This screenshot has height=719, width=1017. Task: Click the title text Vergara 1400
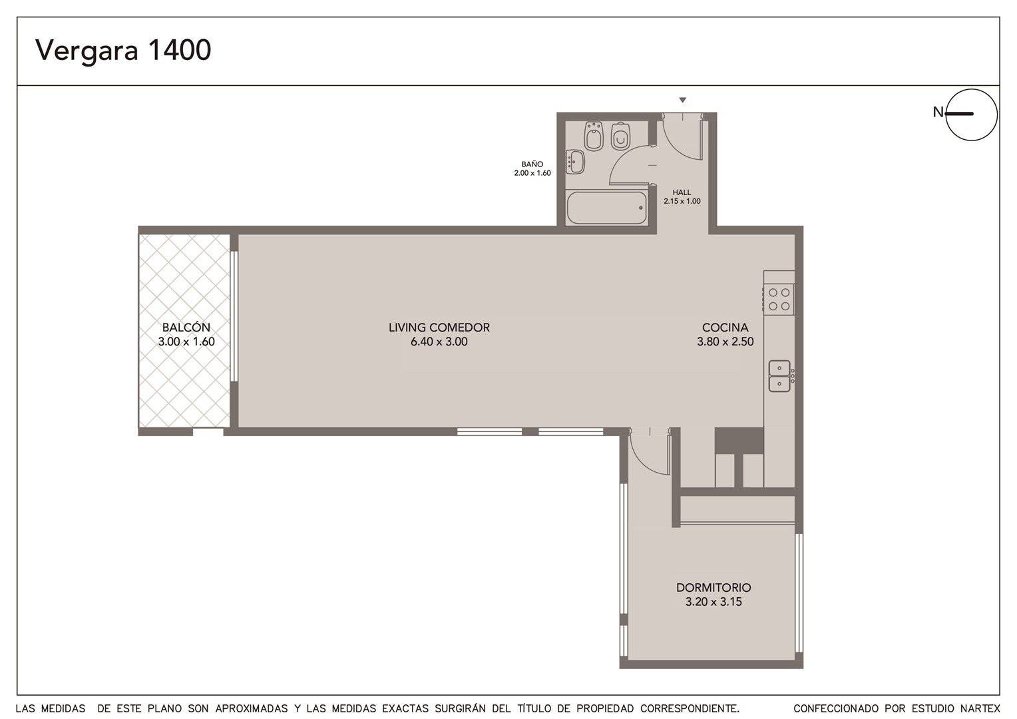[123, 51]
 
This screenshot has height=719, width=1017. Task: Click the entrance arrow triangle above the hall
[682, 100]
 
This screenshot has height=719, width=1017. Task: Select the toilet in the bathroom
[620, 136]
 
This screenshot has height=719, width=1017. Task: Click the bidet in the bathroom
[594, 135]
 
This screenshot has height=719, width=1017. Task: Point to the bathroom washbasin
[575, 162]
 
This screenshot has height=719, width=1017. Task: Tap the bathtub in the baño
[607, 208]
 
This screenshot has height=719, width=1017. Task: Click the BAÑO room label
[532, 164]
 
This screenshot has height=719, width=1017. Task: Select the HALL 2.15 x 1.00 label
[682, 196]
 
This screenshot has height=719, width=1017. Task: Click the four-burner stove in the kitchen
[779, 300]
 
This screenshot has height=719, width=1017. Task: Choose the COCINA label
[725, 327]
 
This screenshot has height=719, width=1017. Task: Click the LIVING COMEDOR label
[439, 327]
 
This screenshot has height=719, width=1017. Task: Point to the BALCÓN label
[186, 327]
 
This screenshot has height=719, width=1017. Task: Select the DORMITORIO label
[713, 587]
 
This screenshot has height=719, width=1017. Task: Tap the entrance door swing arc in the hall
[674, 145]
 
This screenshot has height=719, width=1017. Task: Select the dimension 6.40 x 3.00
[439, 342]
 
